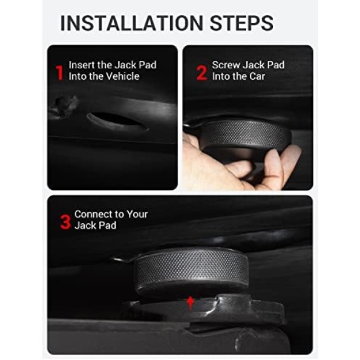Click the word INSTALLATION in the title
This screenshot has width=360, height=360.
click(132, 23)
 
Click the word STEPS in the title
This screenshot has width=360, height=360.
click(241, 23)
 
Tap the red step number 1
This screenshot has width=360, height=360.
click(59, 73)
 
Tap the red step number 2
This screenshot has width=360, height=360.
click(202, 73)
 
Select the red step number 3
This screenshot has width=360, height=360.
click(65, 222)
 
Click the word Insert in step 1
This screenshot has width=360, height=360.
click(82, 65)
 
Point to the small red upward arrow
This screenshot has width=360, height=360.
click(190, 303)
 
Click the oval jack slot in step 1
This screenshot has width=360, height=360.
click(117, 121)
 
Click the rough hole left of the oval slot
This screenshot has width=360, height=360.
click(64, 106)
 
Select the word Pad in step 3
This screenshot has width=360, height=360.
click(108, 226)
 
